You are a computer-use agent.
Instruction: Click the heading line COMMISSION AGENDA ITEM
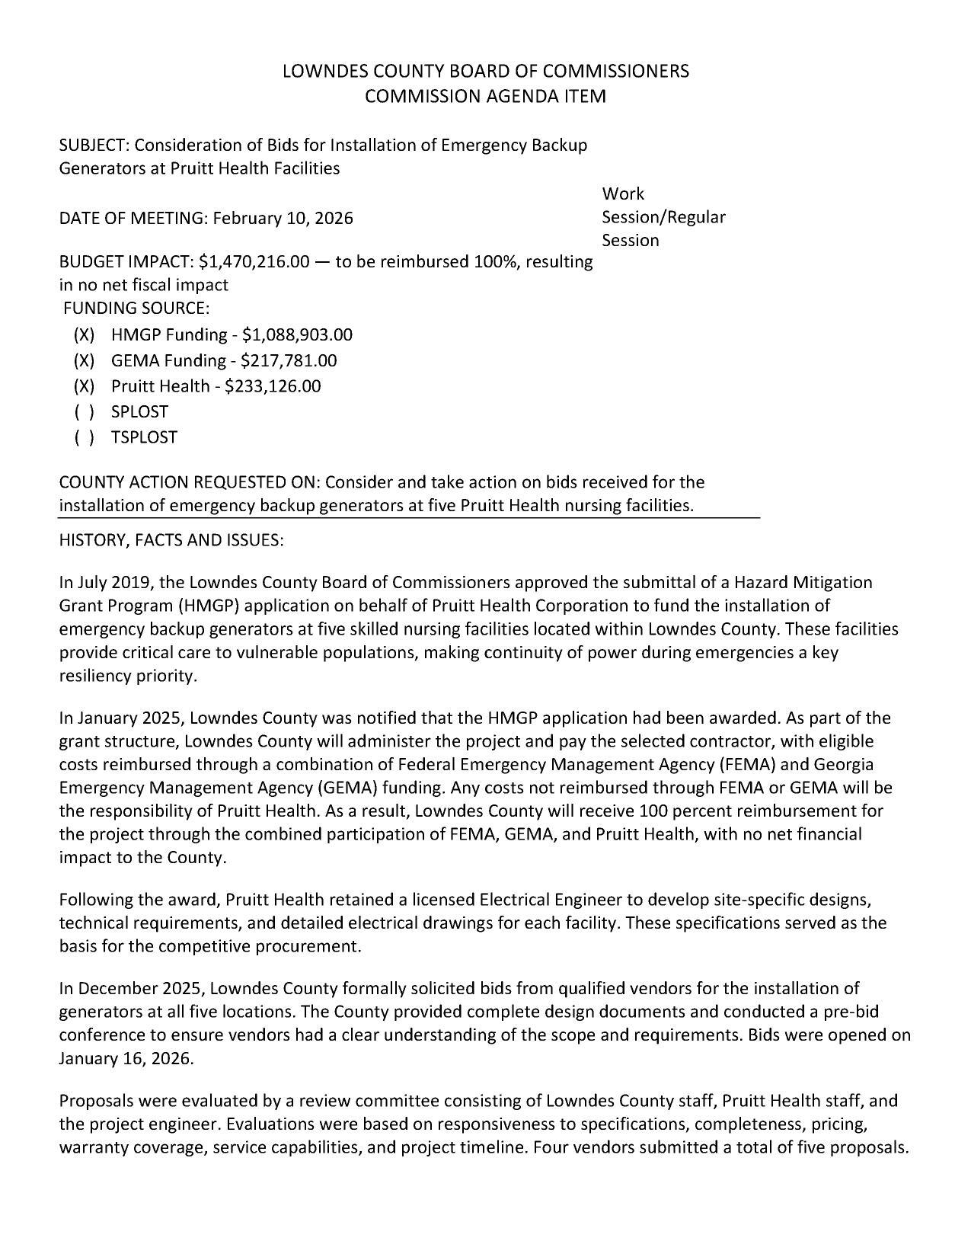click(485, 96)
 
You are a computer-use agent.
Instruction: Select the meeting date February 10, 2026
click(283, 219)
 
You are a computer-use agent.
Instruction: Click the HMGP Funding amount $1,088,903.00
click(297, 334)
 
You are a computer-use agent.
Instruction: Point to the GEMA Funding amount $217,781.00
click(289, 360)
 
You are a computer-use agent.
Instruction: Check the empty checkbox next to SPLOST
click(85, 412)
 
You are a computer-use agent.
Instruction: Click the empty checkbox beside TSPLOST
click(85, 438)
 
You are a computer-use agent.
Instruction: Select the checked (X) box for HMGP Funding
click(85, 334)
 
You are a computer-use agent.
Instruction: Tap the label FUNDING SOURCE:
click(136, 309)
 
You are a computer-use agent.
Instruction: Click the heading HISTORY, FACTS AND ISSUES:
click(171, 540)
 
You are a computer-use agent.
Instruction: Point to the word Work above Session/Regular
click(622, 194)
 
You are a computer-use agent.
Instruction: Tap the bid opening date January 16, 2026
click(126, 1059)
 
